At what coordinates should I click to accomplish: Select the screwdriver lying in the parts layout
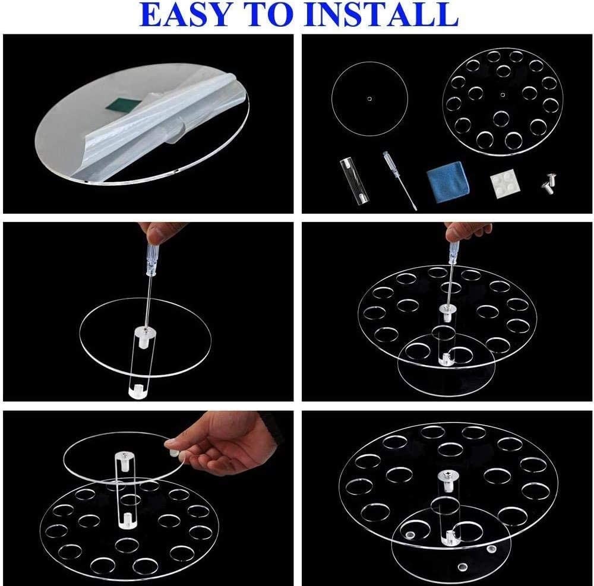[x=400, y=182]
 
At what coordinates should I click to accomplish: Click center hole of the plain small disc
[x=369, y=99]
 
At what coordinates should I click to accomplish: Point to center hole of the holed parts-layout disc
[x=503, y=94]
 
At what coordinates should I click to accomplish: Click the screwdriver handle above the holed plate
[x=453, y=252]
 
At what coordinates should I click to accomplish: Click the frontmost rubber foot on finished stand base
[x=462, y=566]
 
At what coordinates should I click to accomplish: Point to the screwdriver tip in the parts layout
[x=415, y=210]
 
